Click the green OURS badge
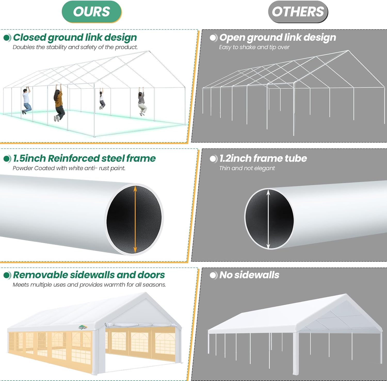92,12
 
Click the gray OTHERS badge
298,12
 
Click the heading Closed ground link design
75,37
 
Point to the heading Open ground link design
278,37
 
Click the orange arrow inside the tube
135,219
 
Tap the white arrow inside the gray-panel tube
268,219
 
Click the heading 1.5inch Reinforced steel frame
84,158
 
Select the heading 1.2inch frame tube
263,158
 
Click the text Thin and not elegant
247,168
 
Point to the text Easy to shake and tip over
254,47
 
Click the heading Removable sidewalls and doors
89,275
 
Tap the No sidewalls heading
249,275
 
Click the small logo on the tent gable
83,327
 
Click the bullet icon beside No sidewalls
213,275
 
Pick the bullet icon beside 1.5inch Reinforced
7,159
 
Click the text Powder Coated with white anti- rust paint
69,168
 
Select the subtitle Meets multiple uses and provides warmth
89,285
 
